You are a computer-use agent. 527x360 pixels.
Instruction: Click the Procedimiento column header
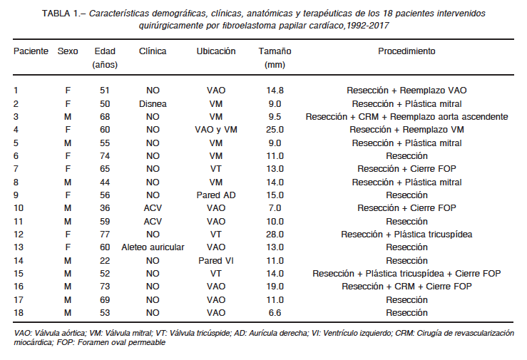(406, 51)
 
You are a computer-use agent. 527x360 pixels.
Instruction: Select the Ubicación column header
(216, 51)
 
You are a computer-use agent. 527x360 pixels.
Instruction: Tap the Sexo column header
(68, 51)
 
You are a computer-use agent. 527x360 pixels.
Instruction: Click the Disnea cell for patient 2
(153, 104)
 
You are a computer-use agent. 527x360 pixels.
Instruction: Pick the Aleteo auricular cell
(153, 247)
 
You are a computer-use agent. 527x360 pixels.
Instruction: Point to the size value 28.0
(275, 235)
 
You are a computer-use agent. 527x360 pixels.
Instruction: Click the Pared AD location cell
(216, 195)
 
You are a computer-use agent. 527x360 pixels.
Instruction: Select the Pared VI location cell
(216, 261)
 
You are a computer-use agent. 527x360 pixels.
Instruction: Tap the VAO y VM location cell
(216, 130)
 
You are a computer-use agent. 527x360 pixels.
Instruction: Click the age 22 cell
(105, 261)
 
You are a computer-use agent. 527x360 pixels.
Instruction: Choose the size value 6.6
(275, 313)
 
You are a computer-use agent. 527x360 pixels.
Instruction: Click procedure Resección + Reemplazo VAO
(406, 91)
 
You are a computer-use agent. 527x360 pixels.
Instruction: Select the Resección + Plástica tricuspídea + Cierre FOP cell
(406, 273)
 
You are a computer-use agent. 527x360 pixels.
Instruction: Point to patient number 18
(19, 313)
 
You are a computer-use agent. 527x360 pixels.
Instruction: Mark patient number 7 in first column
(16, 169)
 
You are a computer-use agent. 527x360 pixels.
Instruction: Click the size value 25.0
(275, 130)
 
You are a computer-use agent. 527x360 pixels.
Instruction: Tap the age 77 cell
(105, 235)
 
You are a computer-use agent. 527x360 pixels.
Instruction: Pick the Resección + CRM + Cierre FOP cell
(406, 287)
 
